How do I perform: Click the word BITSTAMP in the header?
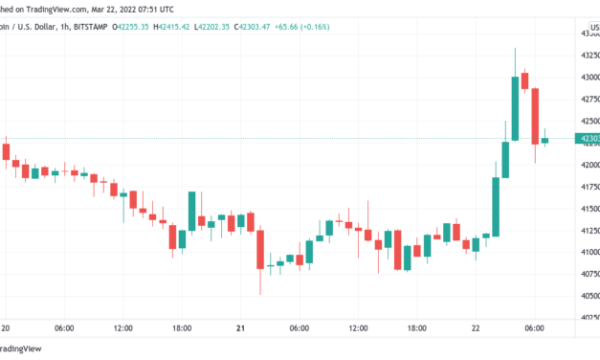(86, 27)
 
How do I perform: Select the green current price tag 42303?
(587, 139)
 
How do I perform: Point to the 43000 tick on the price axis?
(587, 77)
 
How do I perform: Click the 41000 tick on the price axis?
(587, 252)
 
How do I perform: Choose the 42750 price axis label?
(587, 99)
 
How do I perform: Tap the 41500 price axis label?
(587, 208)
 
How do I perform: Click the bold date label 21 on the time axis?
(240, 327)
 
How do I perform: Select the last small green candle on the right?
(544, 140)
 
